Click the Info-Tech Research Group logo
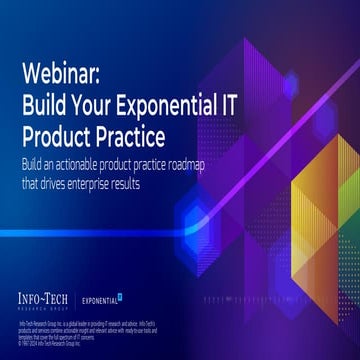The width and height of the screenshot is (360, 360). pyautogui.click(x=49, y=297)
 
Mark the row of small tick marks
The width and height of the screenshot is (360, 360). pyautogui.click(x=240, y=298)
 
